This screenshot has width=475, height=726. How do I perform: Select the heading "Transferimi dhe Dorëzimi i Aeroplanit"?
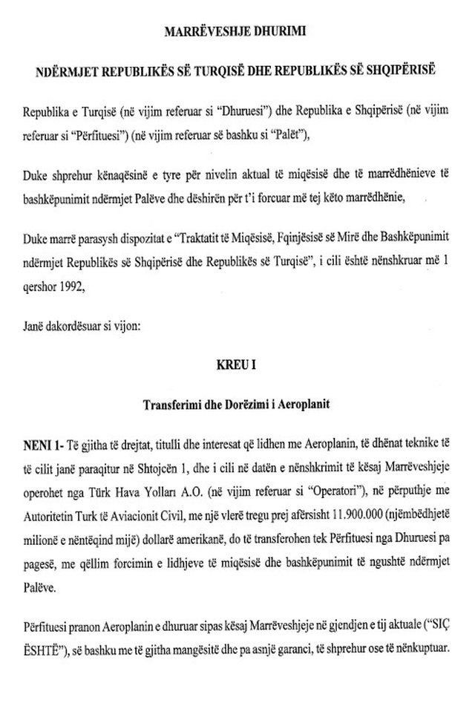point(237,405)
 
